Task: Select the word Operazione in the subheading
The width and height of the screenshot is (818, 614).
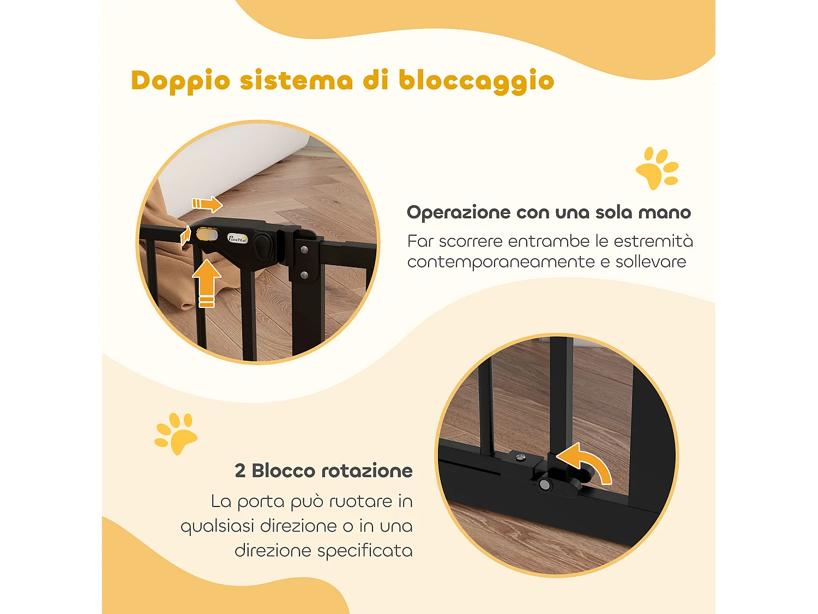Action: point(458,212)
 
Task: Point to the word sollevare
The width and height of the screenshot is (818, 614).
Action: point(651,262)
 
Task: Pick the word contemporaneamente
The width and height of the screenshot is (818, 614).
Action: point(501,262)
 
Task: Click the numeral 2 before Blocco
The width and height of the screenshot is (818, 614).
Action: point(240,470)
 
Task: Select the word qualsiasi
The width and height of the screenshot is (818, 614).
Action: point(217,526)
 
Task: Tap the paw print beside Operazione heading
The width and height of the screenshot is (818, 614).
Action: point(657,168)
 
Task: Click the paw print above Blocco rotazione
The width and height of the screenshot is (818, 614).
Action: point(176,433)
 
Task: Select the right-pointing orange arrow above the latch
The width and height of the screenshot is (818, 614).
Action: point(207,204)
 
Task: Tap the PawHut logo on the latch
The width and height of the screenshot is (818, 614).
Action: point(238,239)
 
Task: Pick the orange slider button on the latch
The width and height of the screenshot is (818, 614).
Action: point(207,235)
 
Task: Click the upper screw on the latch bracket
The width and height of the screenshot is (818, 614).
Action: point(304,250)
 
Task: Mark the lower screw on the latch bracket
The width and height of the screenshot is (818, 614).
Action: point(304,275)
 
